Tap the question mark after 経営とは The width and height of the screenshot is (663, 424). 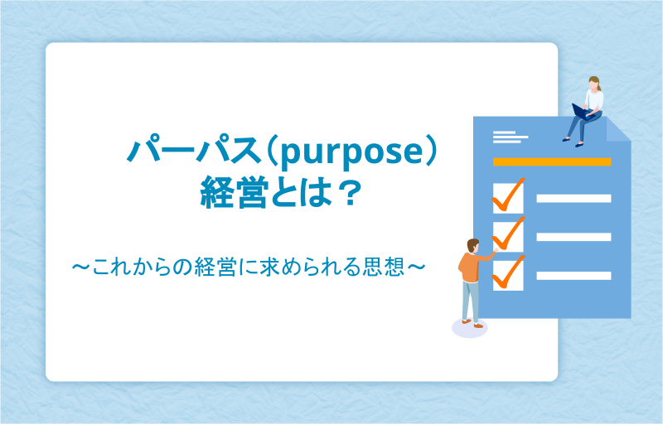[x=350, y=193]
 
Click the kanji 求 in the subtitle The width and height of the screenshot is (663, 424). [x=270, y=267]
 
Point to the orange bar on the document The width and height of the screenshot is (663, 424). [x=552, y=161]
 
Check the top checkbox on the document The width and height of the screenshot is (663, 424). [x=508, y=198]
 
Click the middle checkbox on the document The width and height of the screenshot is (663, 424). [x=508, y=237]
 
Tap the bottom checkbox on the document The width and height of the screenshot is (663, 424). [x=508, y=275]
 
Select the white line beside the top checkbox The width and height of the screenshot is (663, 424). [x=573, y=199]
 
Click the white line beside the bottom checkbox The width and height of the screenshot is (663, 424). [x=573, y=276]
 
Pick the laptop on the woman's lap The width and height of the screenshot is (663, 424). [x=583, y=112]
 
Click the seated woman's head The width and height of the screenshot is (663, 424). [x=594, y=83]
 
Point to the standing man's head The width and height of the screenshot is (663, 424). [x=473, y=246]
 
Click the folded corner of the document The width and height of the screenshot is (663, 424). [x=618, y=129]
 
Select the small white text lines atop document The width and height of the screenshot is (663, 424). [x=511, y=137]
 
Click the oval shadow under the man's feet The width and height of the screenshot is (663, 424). [x=470, y=328]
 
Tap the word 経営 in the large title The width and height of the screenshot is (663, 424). [x=235, y=193]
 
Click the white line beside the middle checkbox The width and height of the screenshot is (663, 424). [x=573, y=237]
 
